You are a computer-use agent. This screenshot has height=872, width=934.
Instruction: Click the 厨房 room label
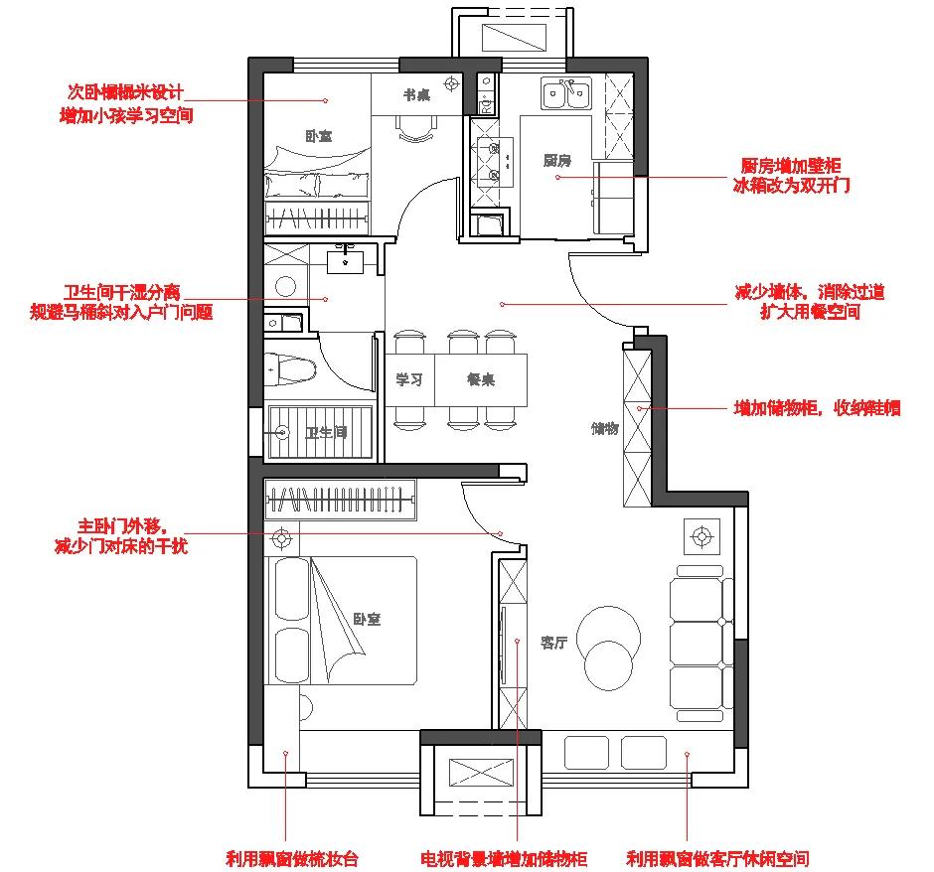pos(556,160)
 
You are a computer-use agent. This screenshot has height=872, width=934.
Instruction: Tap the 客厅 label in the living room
pos(553,643)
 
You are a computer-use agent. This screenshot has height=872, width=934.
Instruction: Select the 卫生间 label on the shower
pos(325,433)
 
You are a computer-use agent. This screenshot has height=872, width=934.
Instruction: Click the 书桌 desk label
pos(416,95)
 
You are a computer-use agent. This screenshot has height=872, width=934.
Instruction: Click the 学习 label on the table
pos(409,379)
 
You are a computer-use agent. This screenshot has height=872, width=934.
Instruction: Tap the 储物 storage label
pos(605,429)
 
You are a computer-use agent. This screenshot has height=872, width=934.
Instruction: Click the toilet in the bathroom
pos(290,371)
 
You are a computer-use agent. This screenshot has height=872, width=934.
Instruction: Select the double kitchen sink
pos(566,95)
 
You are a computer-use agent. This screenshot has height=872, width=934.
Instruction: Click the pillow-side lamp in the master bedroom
pos(282,540)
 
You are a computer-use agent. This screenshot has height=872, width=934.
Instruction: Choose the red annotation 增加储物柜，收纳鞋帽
pos(817,407)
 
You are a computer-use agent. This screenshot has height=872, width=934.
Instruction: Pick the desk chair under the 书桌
pos(415,129)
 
